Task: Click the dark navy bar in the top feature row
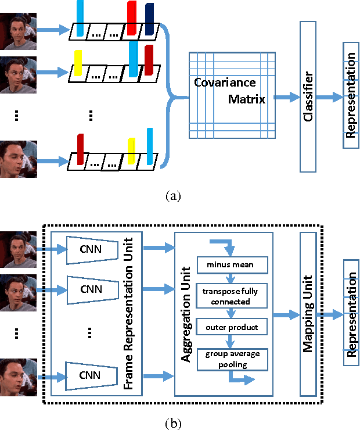click(x=150, y=19)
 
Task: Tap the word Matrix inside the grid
click(x=246, y=99)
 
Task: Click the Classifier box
click(x=308, y=96)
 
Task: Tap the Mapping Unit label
click(x=308, y=314)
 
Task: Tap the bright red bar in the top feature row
click(x=132, y=19)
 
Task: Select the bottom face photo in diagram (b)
click(x=18, y=377)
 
